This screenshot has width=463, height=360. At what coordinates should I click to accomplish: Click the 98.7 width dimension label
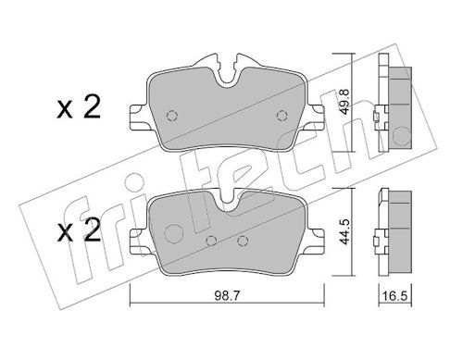pyautogui.click(x=227, y=296)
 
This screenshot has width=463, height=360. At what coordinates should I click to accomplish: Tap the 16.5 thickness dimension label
pyautogui.click(x=395, y=296)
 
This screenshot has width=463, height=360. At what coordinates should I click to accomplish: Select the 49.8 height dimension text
pyautogui.click(x=344, y=102)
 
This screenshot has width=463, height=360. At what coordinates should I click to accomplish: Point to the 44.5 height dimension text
pyautogui.click(x=344, y=231)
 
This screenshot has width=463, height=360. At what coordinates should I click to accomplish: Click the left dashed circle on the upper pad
pyautogui.click(x=172, y=116)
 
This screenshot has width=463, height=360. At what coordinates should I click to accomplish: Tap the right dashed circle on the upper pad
pyautogui.click(x=282, y=116)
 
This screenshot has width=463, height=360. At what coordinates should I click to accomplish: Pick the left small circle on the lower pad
pyautogui.click(x=211, y=241)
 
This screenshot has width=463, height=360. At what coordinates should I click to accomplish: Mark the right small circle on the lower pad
pyautogui.click(x=243, y=241)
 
